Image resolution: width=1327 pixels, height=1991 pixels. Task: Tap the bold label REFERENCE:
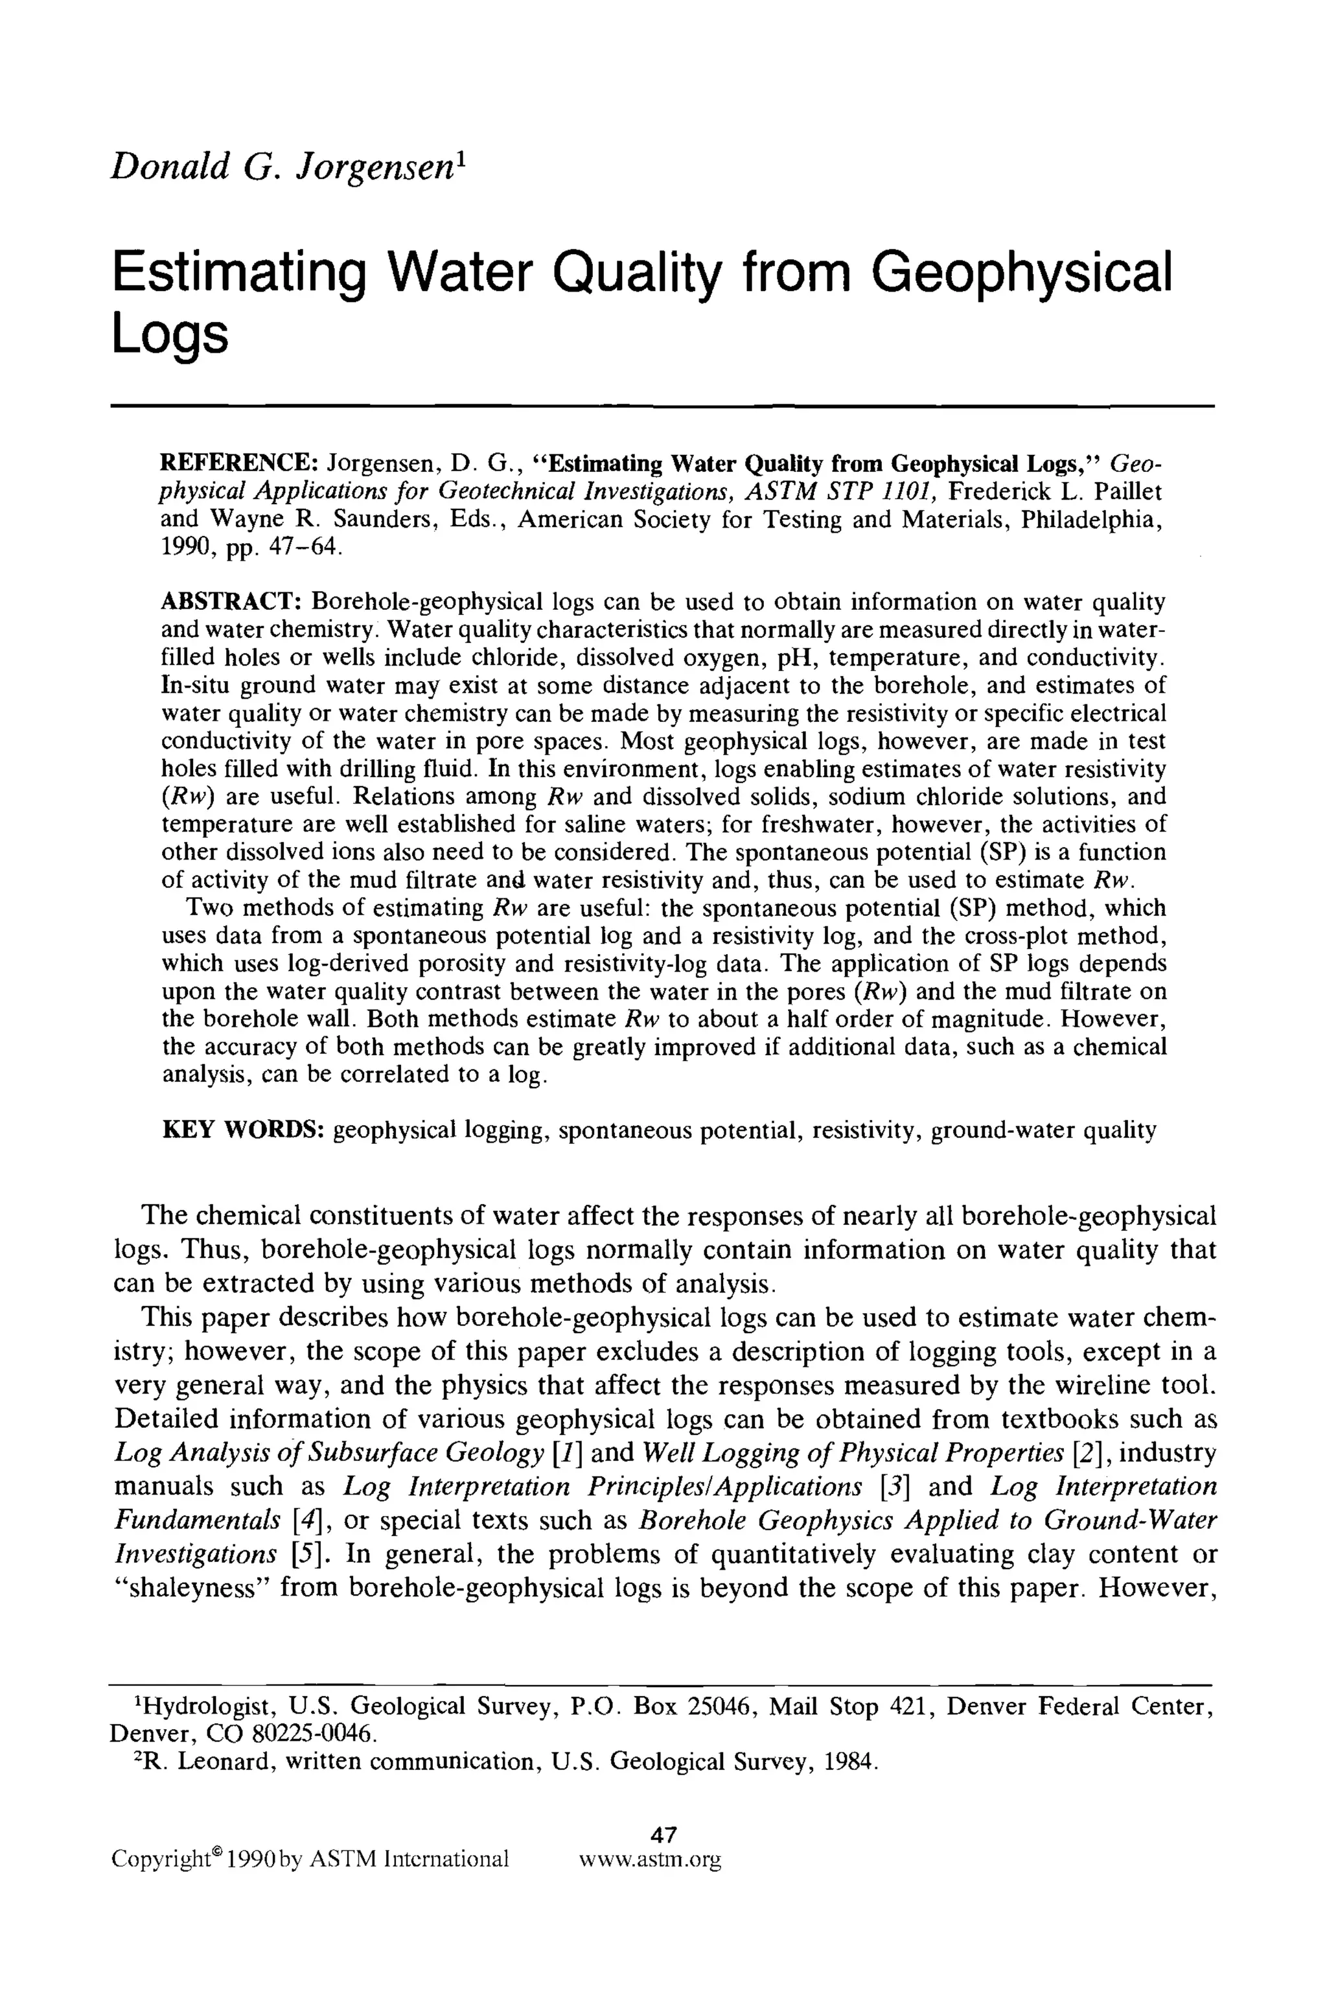click(x=240, y=464)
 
